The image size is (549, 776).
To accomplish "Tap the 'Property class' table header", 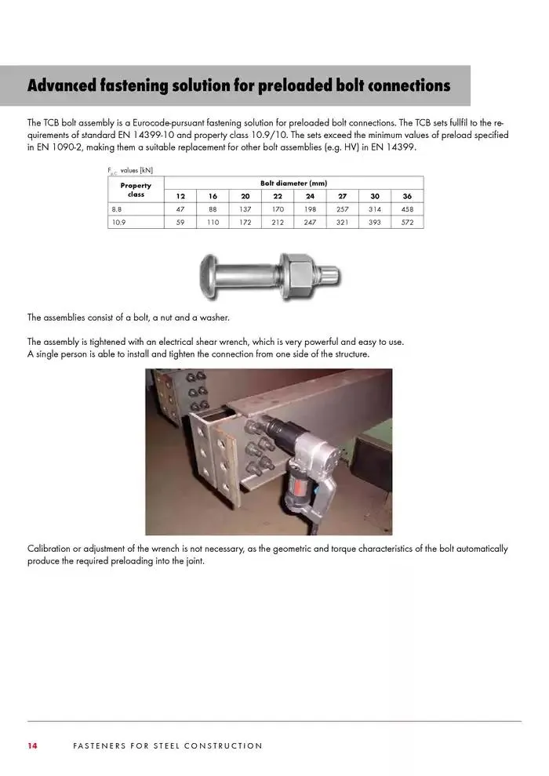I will (x=136, y=190).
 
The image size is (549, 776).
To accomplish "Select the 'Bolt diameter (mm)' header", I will (x=293, y=182).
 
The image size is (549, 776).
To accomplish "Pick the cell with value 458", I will (x=407, y=209).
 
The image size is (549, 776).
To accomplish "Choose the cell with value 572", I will (x=407, y=223).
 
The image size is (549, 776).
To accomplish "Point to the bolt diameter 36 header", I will (x=407, y=196).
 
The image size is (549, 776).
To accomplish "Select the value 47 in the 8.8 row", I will (x=180, y=209).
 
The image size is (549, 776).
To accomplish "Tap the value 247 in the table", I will (x=310, y=223).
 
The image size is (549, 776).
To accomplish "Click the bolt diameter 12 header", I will (x=180, y=196).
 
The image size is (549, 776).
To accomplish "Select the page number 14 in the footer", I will (x=33, y=745).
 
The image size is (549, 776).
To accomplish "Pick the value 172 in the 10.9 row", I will (x=245, y=223).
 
